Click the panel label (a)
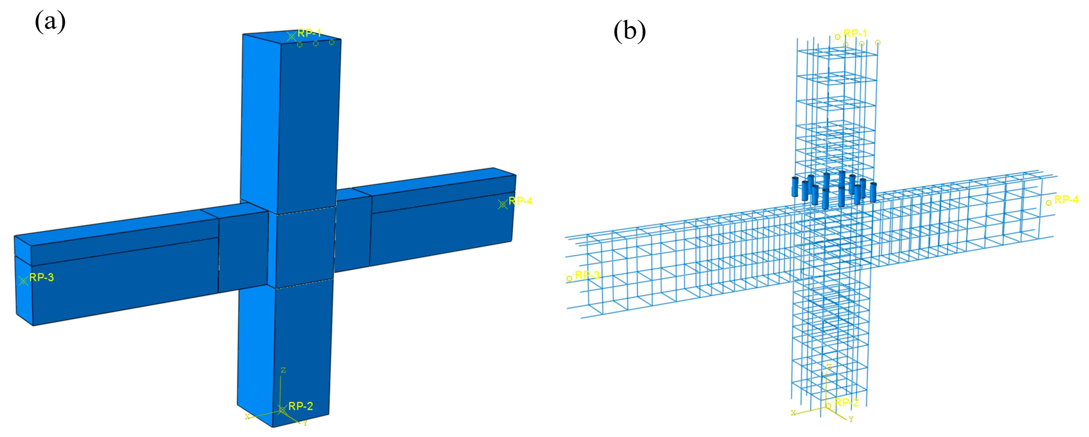pyautogui.click(x=50, y=22)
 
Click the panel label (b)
pyautogui.click(x=629, y=31)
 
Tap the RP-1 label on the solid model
pyautogui.click(x=309, y=33)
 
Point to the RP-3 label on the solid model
pyautogui.click(x=41, y=277)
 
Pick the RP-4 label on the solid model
pyautogui.click(x=520, y=201)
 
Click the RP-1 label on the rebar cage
pyautogui.click(x=855, y=33)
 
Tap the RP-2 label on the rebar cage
pyautogui.click(x=846, y=402)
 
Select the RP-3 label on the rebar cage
pyautogui.click(x=587, y=275)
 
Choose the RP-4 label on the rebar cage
pyautogui.click(x=1066, y=199)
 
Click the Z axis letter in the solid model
pyautogui.click(x=283, y=370)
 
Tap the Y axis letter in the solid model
pyautogui.click(x=305, y=423)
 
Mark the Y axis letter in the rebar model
pyautogui.click(x=851, y=419)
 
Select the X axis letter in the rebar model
pyautogui.click(x=794, y=413)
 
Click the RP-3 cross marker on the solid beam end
pyautogui.click(x=23, y=280)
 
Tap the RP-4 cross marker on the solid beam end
pyautogui.click(x=502, y=204)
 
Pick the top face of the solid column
pyautogui.click(x=292, y=37)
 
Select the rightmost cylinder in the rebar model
pyautogui.click(x=873, y=192)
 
